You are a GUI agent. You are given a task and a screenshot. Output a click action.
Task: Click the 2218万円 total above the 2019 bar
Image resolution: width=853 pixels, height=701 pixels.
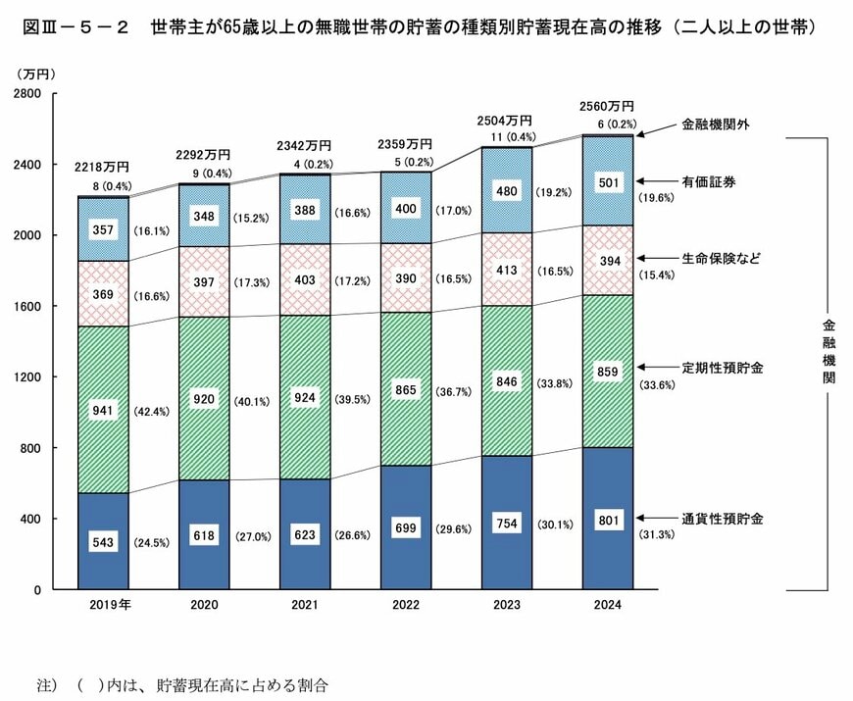[102, 166]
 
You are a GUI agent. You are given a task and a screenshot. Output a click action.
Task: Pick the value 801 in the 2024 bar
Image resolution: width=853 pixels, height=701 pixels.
[608, 520]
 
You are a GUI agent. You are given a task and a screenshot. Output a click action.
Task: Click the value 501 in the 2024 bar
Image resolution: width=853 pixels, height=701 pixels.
[608, 182]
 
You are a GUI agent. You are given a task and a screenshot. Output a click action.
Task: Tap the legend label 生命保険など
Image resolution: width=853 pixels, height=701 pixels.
[721, 258]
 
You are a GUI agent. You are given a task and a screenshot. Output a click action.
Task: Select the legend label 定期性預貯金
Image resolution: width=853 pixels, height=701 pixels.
[721, 369]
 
